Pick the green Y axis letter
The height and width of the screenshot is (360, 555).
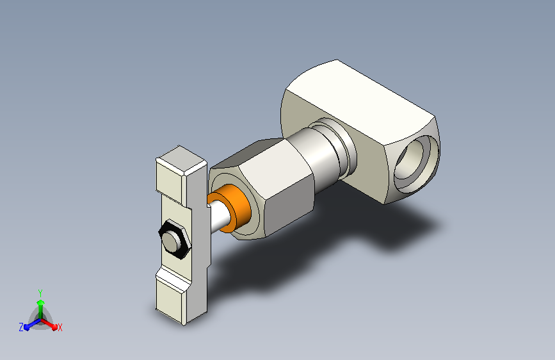click(40, 293)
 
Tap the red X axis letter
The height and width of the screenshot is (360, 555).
click(60, 328)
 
